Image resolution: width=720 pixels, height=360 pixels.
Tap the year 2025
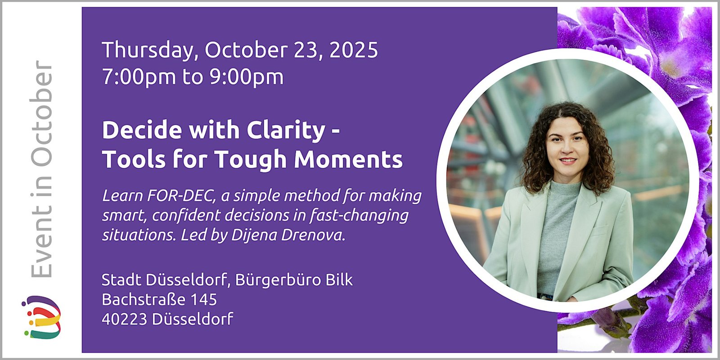[x=354, y=50]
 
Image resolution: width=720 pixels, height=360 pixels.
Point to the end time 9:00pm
[x=247, y=77]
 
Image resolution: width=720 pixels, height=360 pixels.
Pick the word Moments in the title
[x=348, y=159]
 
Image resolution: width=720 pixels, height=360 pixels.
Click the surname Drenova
[x=313, y=235]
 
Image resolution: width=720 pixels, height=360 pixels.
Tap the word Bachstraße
[x=144, y=300]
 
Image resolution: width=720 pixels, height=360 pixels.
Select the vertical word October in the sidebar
[x=41, y=114]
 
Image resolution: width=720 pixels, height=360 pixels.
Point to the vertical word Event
[x=41, y=245]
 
